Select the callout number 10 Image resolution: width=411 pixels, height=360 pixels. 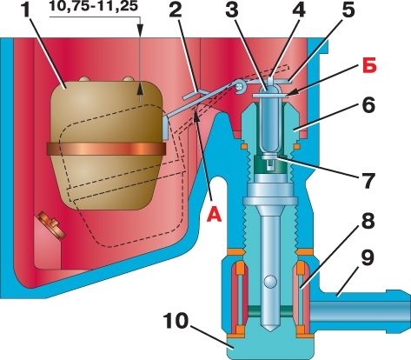click(176, 321)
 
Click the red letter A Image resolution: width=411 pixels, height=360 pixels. click(214, 217)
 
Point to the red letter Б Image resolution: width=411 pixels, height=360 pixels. click(369, 66)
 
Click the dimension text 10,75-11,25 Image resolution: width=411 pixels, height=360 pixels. click(93, 6)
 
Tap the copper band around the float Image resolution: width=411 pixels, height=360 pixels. click(106, 149)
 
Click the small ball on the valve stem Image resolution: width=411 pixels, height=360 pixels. click(270, 282)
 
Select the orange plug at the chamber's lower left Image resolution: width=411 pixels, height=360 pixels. click(51, 224)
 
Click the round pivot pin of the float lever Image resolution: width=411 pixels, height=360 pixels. click(239, 86)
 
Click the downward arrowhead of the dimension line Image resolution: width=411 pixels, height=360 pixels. click(140, 30)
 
